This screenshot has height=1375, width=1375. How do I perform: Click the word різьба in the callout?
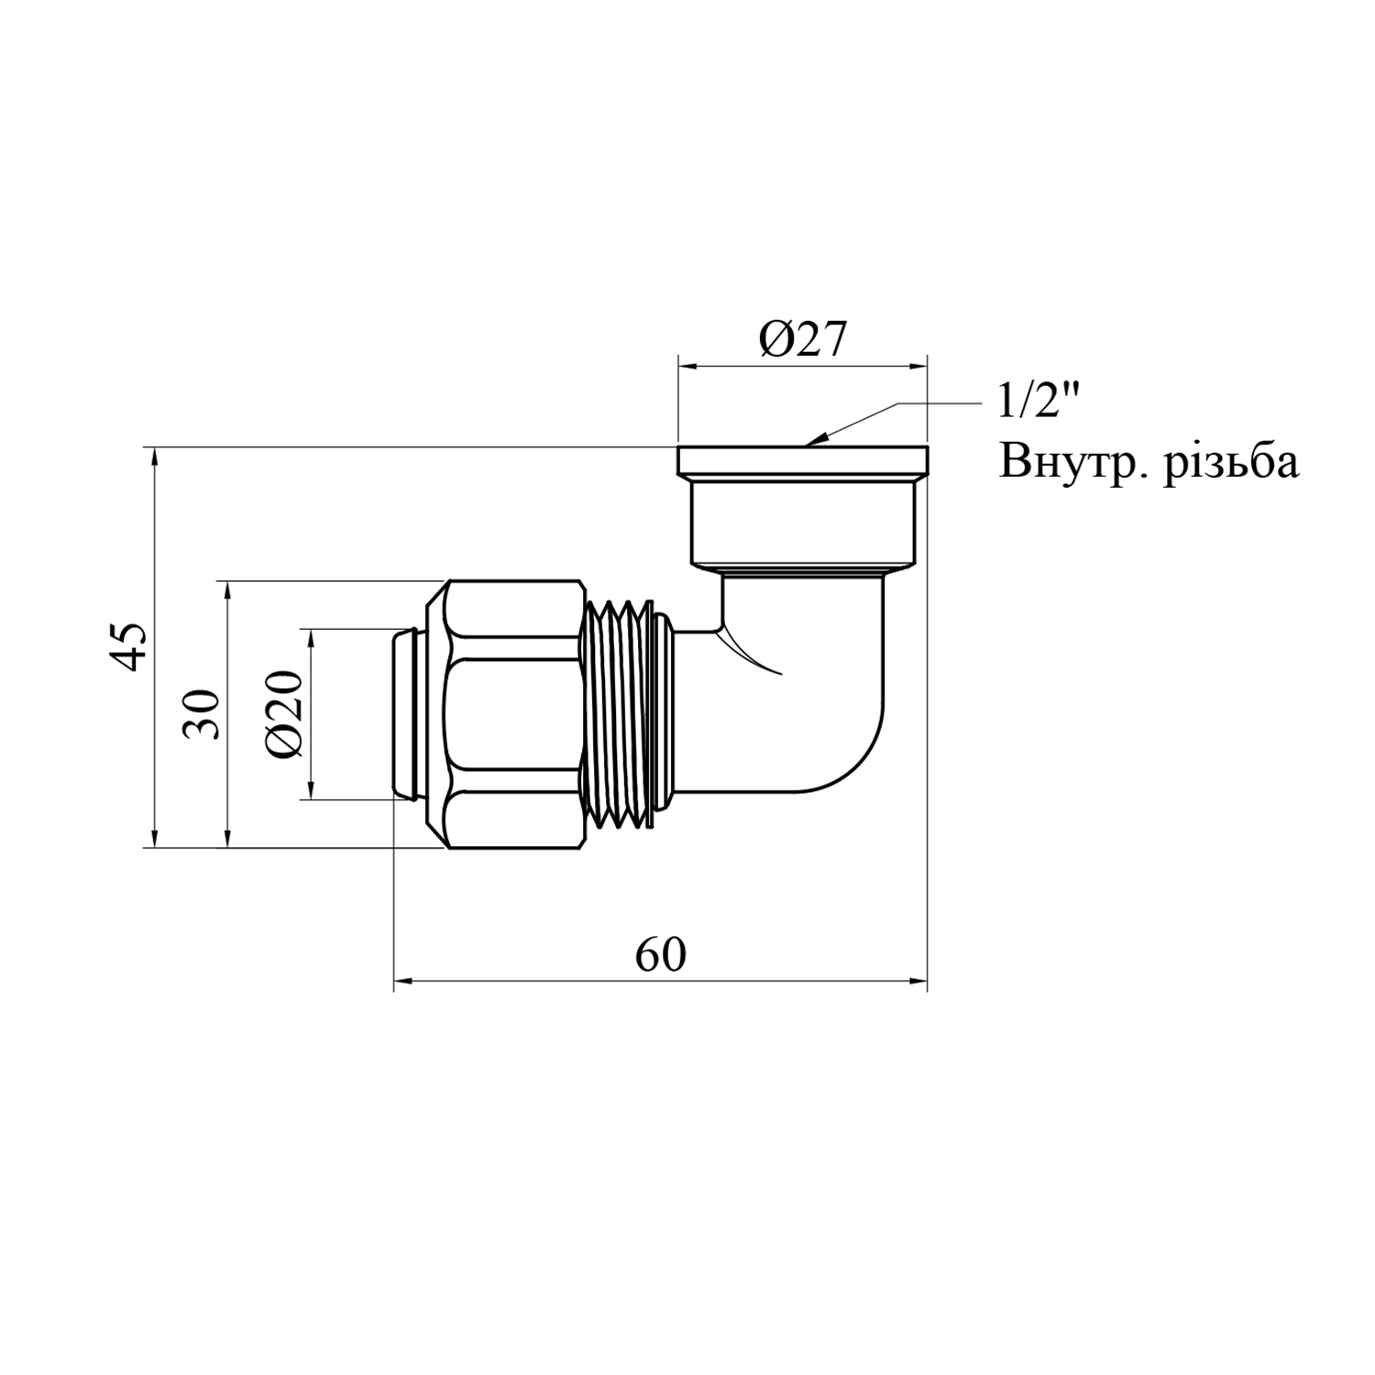pyautogui.click(x=1231, y=463)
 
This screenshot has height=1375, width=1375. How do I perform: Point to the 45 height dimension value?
pyautogui.click(x=132, y=646)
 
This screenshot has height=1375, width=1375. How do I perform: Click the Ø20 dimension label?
pyautogui.click(x=286, y=714)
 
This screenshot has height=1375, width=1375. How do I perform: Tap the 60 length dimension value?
pyautogui.click(x=660, y=956)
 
